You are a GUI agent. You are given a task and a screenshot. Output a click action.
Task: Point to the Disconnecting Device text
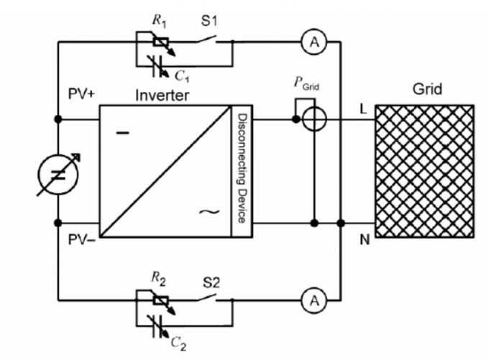[x=241, y=168]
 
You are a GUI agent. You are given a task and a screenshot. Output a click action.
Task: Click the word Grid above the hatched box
[x=427, y=91]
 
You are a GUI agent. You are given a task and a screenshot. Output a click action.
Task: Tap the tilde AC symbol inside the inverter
[x=209, y=212]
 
